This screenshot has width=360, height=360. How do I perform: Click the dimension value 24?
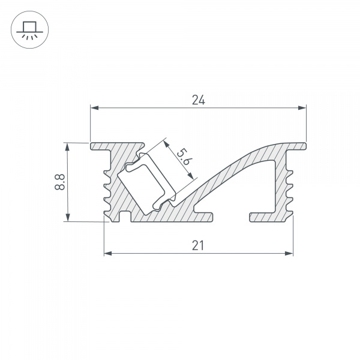[198, 100]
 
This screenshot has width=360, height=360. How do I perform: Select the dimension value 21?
[199, 245]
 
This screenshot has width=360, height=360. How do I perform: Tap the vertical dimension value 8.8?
[59, 182]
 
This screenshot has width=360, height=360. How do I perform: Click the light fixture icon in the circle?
[28, 28]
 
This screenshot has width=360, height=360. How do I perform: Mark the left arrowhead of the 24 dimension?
[94, 109]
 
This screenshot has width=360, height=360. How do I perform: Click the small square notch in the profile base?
[125, 216]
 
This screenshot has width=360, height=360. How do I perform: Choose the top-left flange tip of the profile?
[93, 146]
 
